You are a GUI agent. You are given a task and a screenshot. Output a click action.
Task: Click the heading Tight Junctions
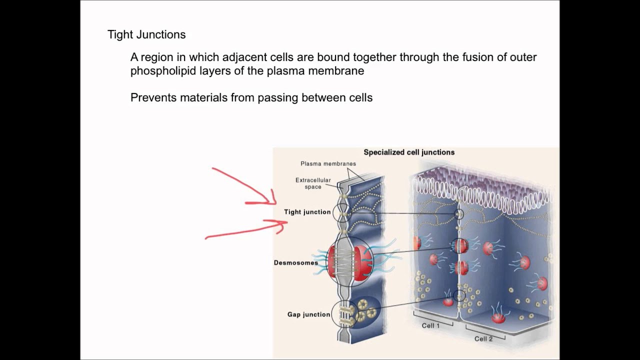click(x=146, y=34)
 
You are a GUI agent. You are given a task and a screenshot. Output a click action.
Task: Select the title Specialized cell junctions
click(x=409, y=152)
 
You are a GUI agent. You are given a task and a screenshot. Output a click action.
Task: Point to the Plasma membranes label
click(x=328, y=163)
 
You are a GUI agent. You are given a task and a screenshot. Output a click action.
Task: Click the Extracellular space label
click(x=313, y=183)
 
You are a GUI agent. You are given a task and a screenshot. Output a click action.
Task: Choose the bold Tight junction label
click(x=307, y=212)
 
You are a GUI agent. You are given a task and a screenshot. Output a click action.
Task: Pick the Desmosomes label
click(x=296, y=262)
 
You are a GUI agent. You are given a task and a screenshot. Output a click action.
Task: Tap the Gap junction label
click(x=308, y=314)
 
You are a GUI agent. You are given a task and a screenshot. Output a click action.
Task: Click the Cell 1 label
click(x=430, y=325)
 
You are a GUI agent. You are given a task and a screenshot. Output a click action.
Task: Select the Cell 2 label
click(x=483, y=338)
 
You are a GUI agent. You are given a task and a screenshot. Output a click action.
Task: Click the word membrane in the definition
click(x=340, y=71)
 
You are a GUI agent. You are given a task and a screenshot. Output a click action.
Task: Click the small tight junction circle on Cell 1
click(x=458, y=214)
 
